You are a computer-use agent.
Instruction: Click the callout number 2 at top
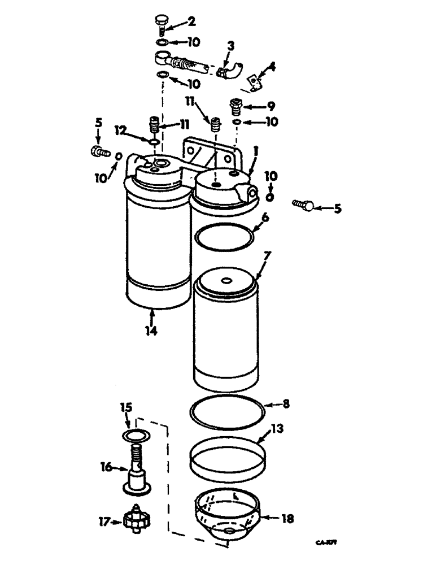pos(191,22)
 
